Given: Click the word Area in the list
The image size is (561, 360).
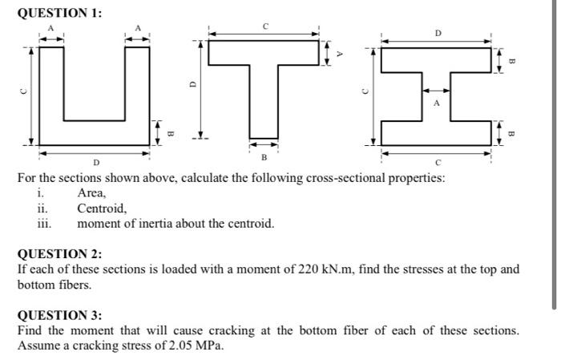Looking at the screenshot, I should [x=91, y=192].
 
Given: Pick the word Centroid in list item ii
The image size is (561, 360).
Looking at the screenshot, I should [x=102, y=208].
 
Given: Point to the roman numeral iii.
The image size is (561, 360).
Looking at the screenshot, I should [x=44, y=222].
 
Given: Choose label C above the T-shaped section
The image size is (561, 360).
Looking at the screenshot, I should [x=264, y=26].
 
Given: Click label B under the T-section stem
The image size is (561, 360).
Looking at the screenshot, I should [x=264, y=156].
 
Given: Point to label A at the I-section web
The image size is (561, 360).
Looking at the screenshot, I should [x=437, y=103].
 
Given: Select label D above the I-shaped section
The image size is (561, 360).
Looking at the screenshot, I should [x=438, y=33].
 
